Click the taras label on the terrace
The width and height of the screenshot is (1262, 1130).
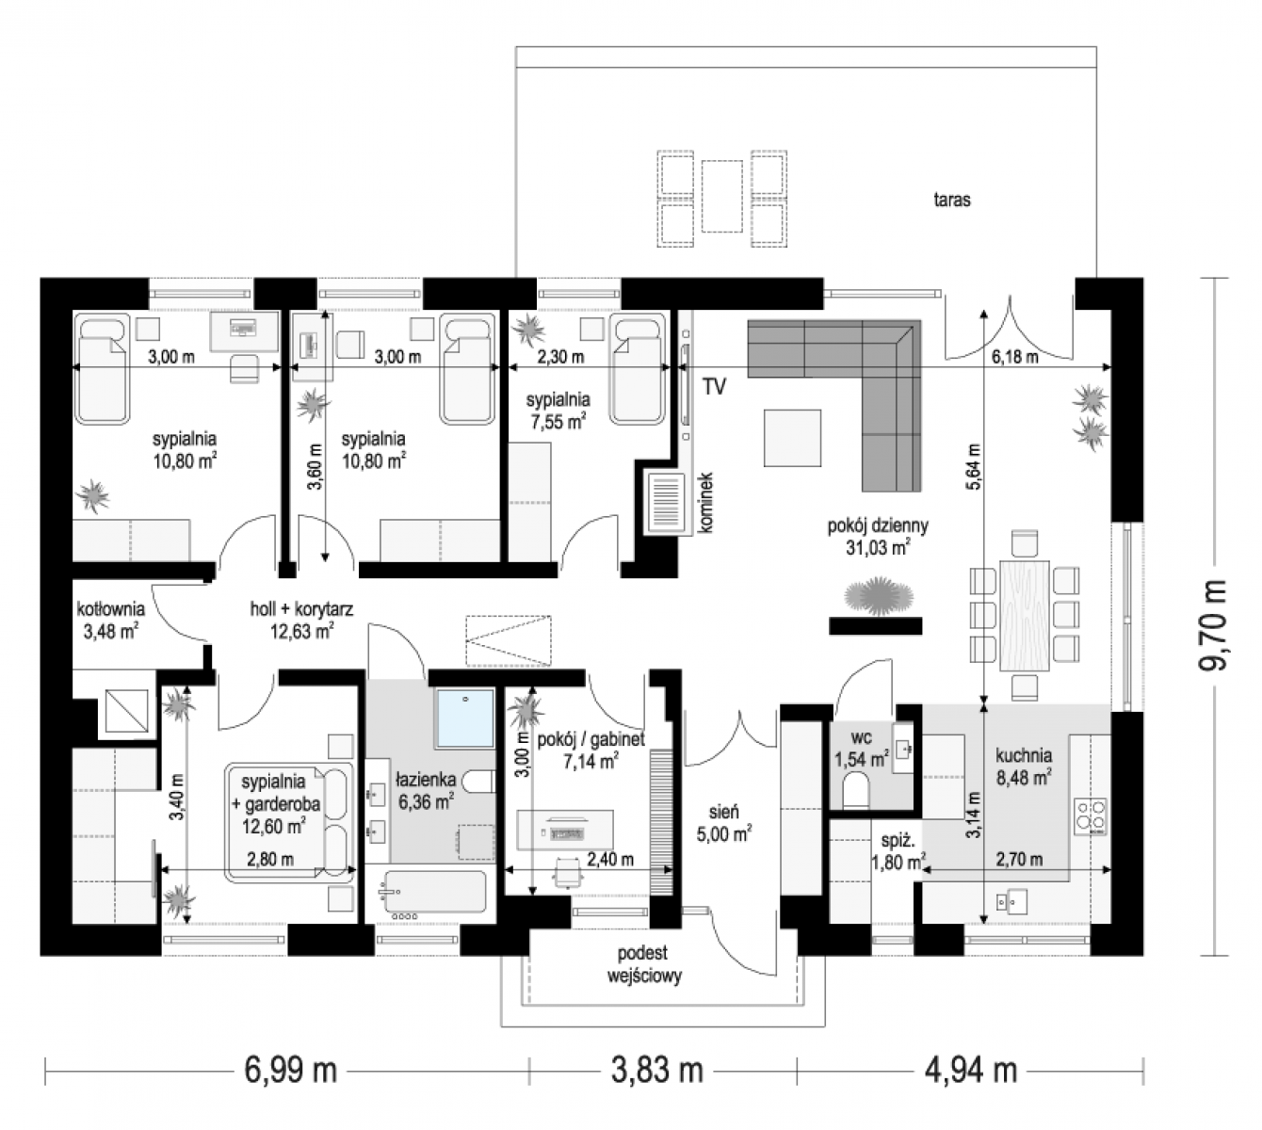(951, 200)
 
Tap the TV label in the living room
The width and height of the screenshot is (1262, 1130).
(715, 387)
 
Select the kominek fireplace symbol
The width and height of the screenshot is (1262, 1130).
(665, 505)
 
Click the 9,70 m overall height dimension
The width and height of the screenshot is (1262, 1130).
(1213, 625)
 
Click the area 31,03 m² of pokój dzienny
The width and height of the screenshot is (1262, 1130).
(878, 547)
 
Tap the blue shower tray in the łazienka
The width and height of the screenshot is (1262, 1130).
(465, 718)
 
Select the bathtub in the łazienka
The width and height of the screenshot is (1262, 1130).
(434, 894)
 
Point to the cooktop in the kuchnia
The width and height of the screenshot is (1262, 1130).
(1091, 816)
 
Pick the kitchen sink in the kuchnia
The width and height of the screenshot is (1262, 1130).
(1011, 901)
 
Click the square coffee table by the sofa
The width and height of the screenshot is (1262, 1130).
(792, 437)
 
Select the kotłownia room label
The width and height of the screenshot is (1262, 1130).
(111, 608)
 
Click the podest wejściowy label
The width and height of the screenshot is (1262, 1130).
(644, 964)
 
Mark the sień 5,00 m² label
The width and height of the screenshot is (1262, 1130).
(723, 822)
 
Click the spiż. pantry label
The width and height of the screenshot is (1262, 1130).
(898, 840)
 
